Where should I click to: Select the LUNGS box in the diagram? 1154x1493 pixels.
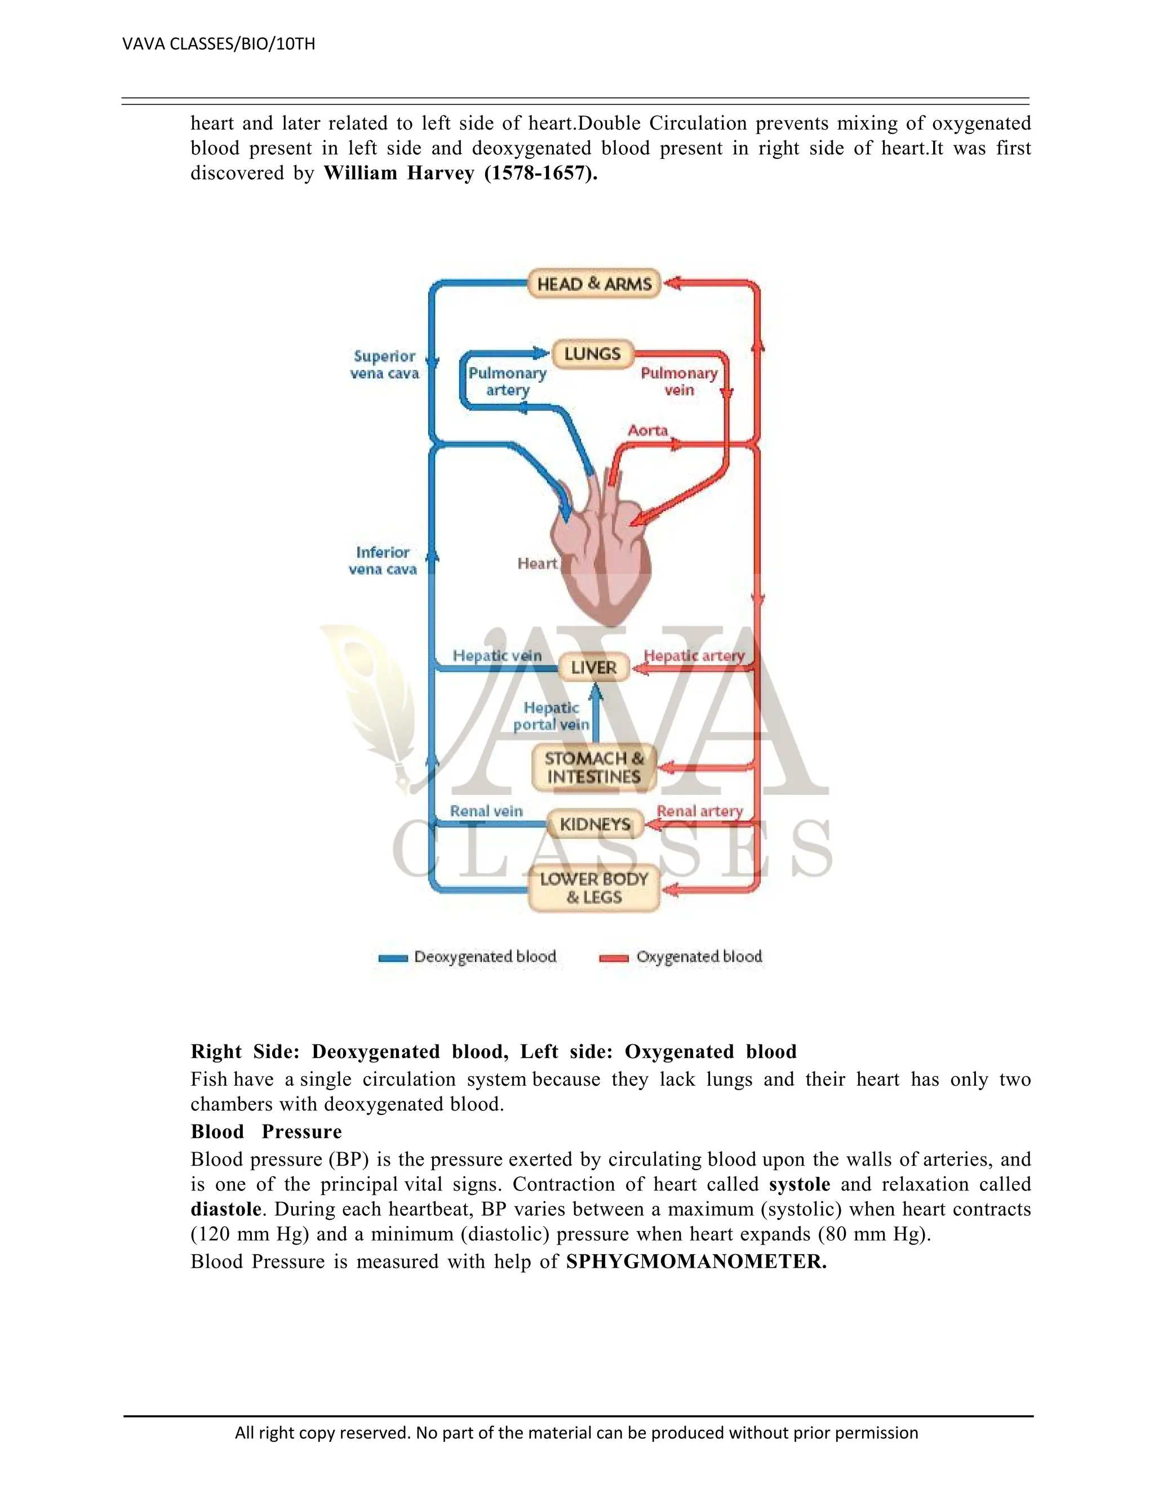click(x=592, y=354)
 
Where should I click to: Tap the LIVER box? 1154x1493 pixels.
click(x=593, y=667)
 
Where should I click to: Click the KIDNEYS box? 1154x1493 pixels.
click(x=594, y=824)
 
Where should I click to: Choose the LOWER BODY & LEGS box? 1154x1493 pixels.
click(x=593, y=888)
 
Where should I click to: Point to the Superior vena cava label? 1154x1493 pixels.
click(x=384, y=365)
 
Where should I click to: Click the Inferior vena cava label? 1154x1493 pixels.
click(x=383, y=561)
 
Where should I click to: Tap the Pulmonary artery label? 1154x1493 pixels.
click(x=507, y=381)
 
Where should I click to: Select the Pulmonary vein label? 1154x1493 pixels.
click(x=679, y=381)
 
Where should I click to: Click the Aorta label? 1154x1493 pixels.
click(x=647, y=430)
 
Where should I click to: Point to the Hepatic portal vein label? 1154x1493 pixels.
click(x=551, y=716)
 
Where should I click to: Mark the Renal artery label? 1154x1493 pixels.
click(x=699, y=811)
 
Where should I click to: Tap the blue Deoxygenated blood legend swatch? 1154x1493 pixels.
click(x=393, y=958)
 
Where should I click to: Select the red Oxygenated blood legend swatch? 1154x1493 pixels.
click(x=613, y=958)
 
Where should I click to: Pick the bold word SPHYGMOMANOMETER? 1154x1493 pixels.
click(x=696, y=1261)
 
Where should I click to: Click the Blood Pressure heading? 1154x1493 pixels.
click(x=266, y=1131)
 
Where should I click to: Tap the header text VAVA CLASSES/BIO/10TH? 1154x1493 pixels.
click(x=219, y=45)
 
